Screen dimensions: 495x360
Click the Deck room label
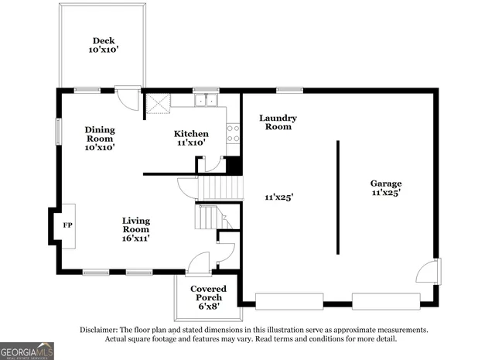[x=104, y=41]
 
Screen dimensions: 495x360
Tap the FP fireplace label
[x=67, y=225]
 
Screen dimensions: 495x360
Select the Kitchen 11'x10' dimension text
[x=191, y=142]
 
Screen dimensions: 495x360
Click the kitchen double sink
[x=207, y=100]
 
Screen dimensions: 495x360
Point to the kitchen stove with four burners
[x=233, y=133]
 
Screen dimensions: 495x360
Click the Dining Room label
[x=100, y=134]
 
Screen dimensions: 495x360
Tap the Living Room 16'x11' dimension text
[x=136, y=238]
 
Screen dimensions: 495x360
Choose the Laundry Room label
[x=278, y=122]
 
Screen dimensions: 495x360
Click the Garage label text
[x=386, y=183]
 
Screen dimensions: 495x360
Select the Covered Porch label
[x=208, y=293]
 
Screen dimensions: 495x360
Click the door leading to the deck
[x=128, y=98]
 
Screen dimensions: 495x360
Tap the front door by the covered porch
[x=198, y=263]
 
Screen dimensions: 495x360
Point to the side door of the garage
[x=428, y=271]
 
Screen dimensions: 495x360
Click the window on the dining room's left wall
[x=59, y=132]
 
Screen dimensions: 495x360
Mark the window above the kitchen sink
[x=207, y=90]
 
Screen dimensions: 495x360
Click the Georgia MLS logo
[x=27, y=351]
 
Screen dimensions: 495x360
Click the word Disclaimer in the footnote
[x=99, y=330]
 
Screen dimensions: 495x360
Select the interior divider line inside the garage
[x=338, y=197]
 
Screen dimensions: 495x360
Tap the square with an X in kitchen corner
[x=159, y=103]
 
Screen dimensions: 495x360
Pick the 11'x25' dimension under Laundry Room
[x=279, y=197]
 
